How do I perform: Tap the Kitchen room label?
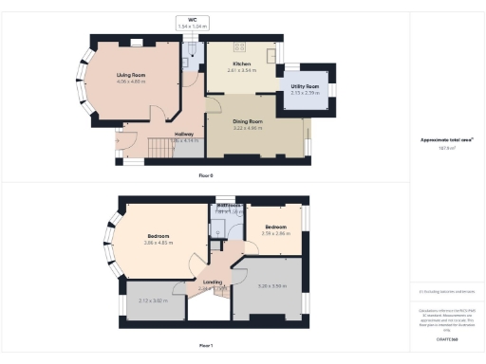(241, 64)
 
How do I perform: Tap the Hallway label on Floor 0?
(184, 135)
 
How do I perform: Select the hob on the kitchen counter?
(237, 45)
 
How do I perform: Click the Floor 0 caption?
(206, 175)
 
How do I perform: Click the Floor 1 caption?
(206, 345)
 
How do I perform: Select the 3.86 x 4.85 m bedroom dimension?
(159, 244)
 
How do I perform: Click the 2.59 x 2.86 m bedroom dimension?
(275, 232)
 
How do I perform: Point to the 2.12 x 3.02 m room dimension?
(153, 300)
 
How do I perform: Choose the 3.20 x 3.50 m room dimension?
(271, 285)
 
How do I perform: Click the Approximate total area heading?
(446, 140)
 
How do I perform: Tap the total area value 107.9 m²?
(446, 149)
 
